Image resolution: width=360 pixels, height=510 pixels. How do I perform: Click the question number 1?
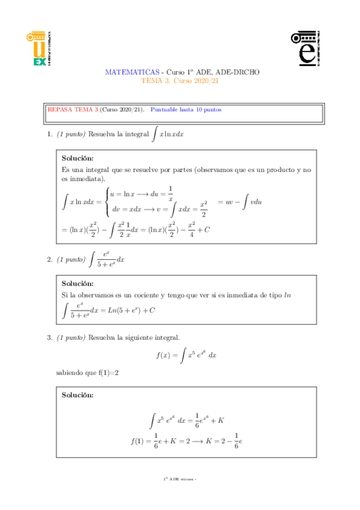coord(49,134)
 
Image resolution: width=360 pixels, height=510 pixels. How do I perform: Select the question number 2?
coord(49,260)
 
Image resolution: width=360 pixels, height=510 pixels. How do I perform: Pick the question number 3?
coord(49,338)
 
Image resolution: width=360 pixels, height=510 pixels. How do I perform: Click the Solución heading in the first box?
coord(78,159)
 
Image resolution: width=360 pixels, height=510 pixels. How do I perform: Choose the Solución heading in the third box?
coord(78,395)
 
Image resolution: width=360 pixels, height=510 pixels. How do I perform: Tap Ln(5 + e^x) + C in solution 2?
coord(130,311)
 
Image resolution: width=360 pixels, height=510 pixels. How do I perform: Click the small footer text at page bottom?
coord(180,479)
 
